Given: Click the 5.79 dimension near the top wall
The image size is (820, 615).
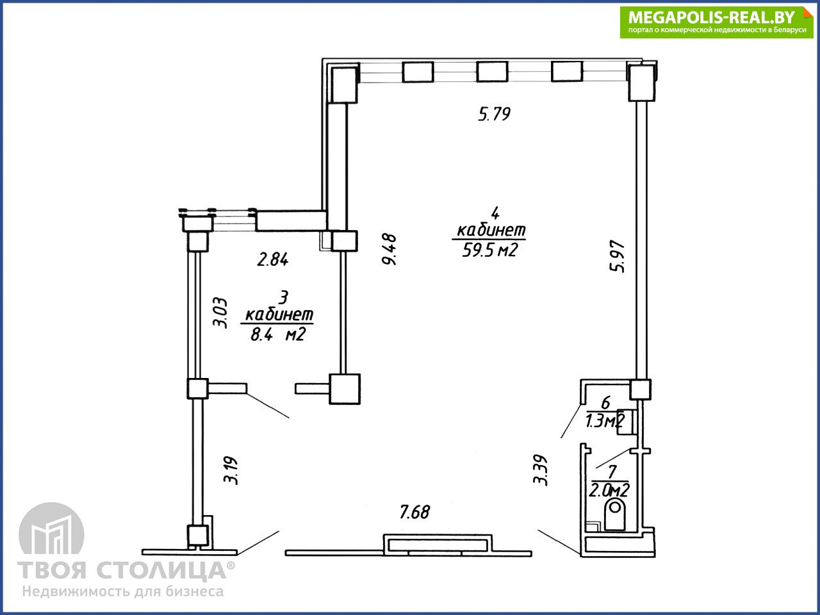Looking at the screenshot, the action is coord(494,114).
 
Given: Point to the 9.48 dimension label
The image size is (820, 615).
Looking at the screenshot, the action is coord(389,249).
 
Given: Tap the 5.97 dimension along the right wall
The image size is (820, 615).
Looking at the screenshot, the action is coord(617,256).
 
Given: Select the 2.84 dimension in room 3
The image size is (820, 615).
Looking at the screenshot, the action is coord(273,259).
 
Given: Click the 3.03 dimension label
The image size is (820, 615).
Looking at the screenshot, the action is coord(220,313).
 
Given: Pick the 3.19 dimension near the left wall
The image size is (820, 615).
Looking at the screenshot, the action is coord(231,470).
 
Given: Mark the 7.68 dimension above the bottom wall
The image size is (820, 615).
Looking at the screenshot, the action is coord(414,512).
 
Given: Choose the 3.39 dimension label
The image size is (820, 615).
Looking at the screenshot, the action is coord(540,470).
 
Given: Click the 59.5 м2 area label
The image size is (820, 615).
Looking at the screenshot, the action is coord(489,250).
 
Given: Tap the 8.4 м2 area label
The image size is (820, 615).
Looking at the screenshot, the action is coord(278,334).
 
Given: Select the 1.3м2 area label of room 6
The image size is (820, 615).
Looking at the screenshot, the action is coord(605,422).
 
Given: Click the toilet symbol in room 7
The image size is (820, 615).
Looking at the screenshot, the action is coord(614,515).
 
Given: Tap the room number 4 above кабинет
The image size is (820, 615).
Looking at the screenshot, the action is coord(495,213).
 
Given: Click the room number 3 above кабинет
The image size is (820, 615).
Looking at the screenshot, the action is coord(284,298).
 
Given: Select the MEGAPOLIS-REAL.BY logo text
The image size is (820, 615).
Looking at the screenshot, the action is coord(711,17).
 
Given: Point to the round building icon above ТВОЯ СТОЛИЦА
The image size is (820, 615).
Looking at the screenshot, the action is coord(51,529).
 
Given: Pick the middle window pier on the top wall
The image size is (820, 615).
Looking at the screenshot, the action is coord(492,72).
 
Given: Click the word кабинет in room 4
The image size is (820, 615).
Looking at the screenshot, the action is coord(491,231).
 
